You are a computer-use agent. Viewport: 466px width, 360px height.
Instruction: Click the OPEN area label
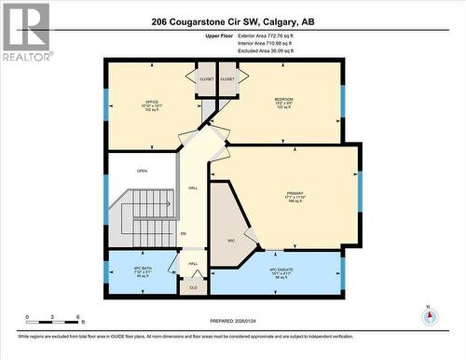click(142, 171)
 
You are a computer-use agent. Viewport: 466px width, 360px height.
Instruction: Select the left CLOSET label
click(206, 79)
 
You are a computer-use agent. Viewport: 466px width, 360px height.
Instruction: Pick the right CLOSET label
click(228, 79)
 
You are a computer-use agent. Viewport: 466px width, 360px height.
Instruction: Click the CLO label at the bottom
click(193, 288)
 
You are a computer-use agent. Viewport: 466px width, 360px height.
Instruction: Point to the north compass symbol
click(428, 314)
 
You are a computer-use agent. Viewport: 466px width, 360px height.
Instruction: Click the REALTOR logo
click(25, 32)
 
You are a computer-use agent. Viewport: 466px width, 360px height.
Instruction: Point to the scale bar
click(54, 320)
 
